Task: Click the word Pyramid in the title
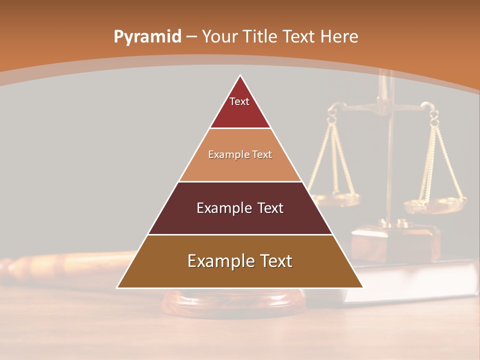click(147, 37)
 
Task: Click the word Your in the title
click(219, 36)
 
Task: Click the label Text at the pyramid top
click(239, 101)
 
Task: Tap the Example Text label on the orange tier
click(240, 154)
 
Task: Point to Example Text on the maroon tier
click(240, 208)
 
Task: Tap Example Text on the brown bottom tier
click(240, 261)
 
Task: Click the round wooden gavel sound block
click(235, 302)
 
